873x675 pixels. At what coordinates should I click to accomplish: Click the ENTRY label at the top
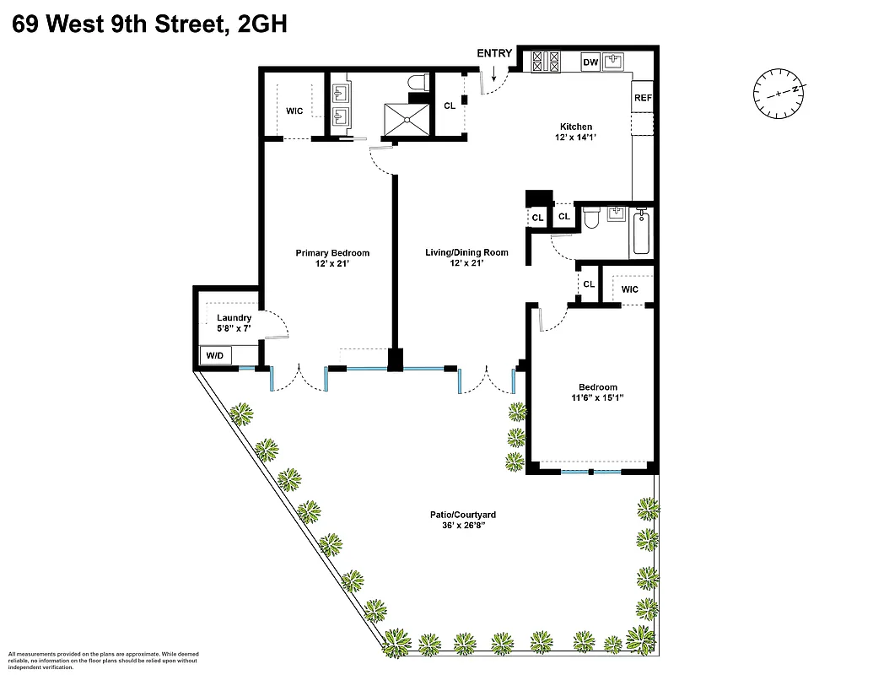(494, 53)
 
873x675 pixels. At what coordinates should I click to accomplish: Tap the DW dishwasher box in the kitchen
(590, 62)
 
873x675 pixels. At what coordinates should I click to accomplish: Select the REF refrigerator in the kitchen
(643, 98)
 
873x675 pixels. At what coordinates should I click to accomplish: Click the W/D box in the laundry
(215, 356)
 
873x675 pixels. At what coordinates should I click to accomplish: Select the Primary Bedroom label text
(332, 253)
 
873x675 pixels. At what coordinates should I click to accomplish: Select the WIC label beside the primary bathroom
(294, 111)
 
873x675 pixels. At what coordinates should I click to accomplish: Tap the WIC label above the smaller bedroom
(629, 289)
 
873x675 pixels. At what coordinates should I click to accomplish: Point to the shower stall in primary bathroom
(407, 118)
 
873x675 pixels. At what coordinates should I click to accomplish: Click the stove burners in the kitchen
(545, 62)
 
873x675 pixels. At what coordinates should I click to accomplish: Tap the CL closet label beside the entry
(450, 105)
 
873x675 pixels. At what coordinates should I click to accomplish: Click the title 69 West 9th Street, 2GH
(150, 24)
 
